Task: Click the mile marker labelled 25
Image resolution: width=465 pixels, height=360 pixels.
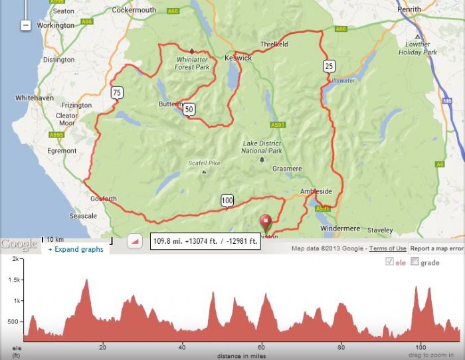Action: (329, 65)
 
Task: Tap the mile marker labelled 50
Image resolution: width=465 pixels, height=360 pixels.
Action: (189, 110)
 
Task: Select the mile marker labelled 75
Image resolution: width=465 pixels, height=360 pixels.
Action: (117, 92)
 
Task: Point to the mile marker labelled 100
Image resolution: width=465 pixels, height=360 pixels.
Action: (227, 201)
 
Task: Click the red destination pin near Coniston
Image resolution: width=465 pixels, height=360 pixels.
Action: (267, 222)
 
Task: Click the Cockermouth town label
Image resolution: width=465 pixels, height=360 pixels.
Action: (134, 10)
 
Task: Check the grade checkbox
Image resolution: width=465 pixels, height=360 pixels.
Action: (415, 262)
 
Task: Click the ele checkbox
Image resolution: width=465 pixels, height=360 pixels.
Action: (389, 262)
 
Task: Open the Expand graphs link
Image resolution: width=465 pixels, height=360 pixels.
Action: (75, 250)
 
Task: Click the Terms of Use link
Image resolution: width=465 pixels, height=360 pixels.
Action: (388, 248)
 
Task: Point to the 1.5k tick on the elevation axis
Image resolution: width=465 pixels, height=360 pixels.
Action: (13, 280)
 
